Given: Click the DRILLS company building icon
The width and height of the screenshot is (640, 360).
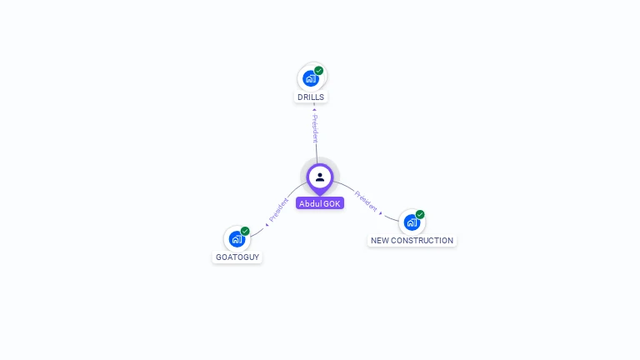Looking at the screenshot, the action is [x=310, y=78].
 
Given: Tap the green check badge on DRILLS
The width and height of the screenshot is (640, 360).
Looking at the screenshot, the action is [x=319, y=71].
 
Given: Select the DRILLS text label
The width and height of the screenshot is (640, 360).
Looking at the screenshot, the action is [x=311, y=97].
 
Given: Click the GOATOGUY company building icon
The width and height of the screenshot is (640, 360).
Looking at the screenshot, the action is [x=237, y=239].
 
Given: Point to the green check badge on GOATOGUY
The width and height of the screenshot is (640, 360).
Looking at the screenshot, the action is [x=245, y=231].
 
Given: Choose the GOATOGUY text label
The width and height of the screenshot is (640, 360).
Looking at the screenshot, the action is [x=237, y=257].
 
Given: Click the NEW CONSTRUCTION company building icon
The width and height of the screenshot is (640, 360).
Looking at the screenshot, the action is [x=412, y=222].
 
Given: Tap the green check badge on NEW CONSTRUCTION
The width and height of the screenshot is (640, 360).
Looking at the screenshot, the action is [x=420, y=214].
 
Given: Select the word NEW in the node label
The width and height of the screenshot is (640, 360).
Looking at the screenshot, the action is [x=380, y=241].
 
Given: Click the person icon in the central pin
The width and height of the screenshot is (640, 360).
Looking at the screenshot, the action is [x=320, y=177].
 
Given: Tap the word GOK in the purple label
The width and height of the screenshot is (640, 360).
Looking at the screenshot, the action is [x=332, y=203].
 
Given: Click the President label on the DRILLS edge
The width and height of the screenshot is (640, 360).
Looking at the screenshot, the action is [x=315, y=129].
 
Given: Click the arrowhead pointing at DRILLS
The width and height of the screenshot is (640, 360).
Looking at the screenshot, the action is [x=314, y=108].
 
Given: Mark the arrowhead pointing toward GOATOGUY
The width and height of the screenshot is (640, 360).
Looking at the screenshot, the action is [x=267, y=223].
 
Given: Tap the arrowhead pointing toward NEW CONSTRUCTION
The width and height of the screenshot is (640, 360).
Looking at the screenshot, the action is [x=382, y=213].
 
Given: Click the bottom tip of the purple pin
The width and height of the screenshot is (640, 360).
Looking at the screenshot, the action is [x=320, y=196].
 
